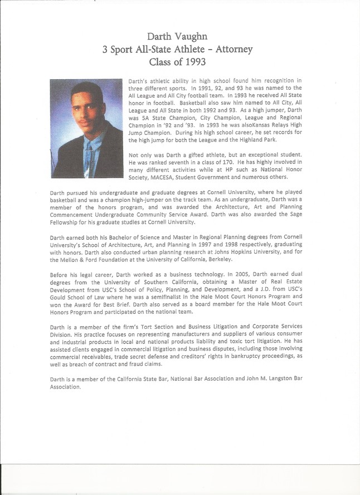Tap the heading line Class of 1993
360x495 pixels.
178,62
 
